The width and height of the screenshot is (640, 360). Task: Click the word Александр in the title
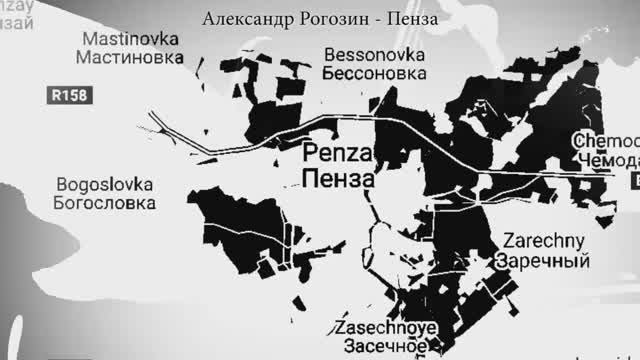pos(244,19)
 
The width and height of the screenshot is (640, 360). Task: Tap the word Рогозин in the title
pos(329,19)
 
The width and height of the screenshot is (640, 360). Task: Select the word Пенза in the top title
pos(411,19)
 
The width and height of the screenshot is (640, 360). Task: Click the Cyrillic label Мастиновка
pos(133,57)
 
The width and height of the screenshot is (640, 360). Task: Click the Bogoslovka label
pos(105,185)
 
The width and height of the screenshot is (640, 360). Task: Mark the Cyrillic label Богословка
pos(105,203)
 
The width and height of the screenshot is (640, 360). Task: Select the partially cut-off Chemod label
pos(606,142)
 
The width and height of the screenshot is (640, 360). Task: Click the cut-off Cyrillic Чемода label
pos(606,161)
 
